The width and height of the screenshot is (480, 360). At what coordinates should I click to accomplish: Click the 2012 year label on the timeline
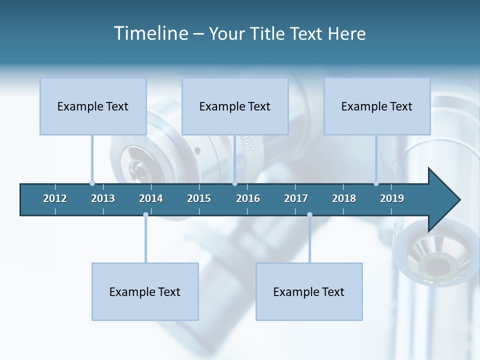tap(55, 198)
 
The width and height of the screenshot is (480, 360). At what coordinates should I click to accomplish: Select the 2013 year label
tap(103, 198)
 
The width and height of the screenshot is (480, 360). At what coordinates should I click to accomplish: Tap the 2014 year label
tap(151, 198)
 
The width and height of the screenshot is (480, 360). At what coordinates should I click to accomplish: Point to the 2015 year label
tap(199, 198)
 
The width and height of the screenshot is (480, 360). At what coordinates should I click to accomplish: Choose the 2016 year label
tap(248, 198)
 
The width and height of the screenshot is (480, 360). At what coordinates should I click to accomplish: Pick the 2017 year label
tap(296, 198)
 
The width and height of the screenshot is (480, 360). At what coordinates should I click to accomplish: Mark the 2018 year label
tap(344, 198)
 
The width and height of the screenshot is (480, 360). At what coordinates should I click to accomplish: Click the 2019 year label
tap(392, 198)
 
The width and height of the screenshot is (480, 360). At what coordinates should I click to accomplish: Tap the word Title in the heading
tap(269, 33)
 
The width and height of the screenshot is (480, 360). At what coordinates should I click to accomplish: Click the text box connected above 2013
tap(93, 106)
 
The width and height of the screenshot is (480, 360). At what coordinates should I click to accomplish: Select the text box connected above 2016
tap(235, 106)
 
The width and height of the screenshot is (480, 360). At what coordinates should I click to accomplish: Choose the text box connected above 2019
tap(377, 106)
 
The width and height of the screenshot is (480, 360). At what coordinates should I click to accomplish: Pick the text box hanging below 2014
tap(145, 291)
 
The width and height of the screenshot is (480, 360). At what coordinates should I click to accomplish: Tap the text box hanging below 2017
tap(309, 291)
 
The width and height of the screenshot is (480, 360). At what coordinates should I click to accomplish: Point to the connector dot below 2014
tap(145, 214)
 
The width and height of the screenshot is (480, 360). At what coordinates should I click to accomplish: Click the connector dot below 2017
tap(309, 214)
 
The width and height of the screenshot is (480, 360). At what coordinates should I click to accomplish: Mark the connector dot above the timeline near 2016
tap(234, 183)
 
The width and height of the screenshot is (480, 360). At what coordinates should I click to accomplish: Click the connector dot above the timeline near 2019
tap(376, 183)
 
